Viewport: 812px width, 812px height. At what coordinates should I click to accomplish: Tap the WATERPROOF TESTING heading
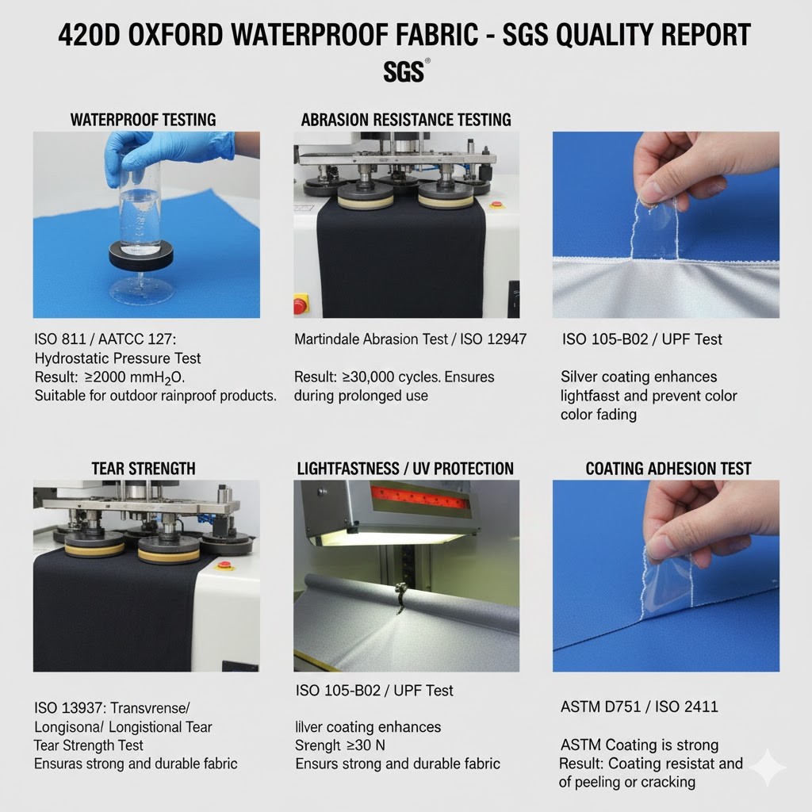pyautogui.click(x=143, y=120)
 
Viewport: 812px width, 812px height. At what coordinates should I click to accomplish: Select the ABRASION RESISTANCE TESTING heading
pyautogui.click(x=406, y=120)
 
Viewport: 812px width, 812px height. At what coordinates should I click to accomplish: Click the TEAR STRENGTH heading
pyautogui.click(x=144, y=469)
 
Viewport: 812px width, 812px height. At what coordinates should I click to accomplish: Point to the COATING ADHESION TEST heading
pyautogui.click(x=668, y=469)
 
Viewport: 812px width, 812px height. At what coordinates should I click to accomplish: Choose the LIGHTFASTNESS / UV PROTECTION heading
pyautogui.click(x=405, y=469)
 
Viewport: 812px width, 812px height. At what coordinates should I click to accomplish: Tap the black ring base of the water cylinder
pyautogui.click(x=141, y=255)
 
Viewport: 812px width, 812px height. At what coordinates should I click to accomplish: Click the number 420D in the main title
pyautogui.click(x=89, y=35)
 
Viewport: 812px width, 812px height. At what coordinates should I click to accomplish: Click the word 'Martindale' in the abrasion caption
pyautogui.click(x=326, y=339)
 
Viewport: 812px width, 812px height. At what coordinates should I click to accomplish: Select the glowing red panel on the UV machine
pyautogui.click(x=420, y=497)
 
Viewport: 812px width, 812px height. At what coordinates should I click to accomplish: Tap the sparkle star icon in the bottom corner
pyautogui.click(x=768, y=768)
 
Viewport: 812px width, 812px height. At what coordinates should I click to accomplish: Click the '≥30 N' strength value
pyautogui.click(x=366, y=745)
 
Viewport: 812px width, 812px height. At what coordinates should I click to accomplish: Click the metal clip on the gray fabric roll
pyautogui.click(x=400, y=596)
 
